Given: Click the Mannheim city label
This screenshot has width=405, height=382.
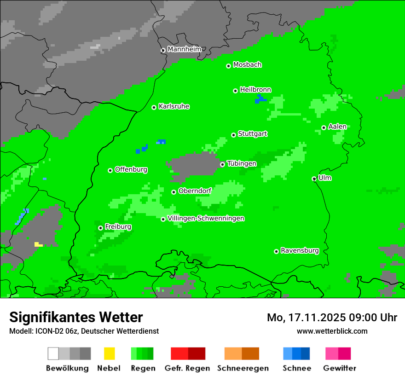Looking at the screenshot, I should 184,49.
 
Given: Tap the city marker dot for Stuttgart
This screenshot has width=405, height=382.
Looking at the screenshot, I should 234,135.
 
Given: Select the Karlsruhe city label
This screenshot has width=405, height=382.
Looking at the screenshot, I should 174,106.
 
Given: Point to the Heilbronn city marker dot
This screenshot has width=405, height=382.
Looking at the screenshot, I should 235,91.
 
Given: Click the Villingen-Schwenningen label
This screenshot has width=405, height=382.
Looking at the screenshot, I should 206,218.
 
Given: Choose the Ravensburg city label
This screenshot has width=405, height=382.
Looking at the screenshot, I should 300,250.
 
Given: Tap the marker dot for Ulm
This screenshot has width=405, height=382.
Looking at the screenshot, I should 314,179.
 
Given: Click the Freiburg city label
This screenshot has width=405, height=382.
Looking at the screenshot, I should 118,227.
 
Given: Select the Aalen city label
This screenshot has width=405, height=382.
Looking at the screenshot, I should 337,127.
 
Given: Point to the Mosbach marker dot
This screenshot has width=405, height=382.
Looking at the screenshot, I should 228,66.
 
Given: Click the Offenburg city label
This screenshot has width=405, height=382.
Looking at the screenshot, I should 131,169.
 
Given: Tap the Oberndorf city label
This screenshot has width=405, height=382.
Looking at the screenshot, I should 195,191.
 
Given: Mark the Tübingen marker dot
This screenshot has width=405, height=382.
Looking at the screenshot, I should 222,164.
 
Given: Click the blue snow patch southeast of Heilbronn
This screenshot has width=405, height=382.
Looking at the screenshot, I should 260,99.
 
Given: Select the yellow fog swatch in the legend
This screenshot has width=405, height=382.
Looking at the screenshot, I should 109,353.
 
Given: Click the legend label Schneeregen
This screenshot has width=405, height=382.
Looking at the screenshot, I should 243,368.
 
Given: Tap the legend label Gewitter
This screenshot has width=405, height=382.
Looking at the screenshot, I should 339,368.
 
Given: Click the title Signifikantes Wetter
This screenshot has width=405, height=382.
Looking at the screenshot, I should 76,317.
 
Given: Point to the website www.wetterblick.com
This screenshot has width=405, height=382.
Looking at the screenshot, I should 332,331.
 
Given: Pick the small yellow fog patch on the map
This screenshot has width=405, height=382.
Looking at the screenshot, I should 38,244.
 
